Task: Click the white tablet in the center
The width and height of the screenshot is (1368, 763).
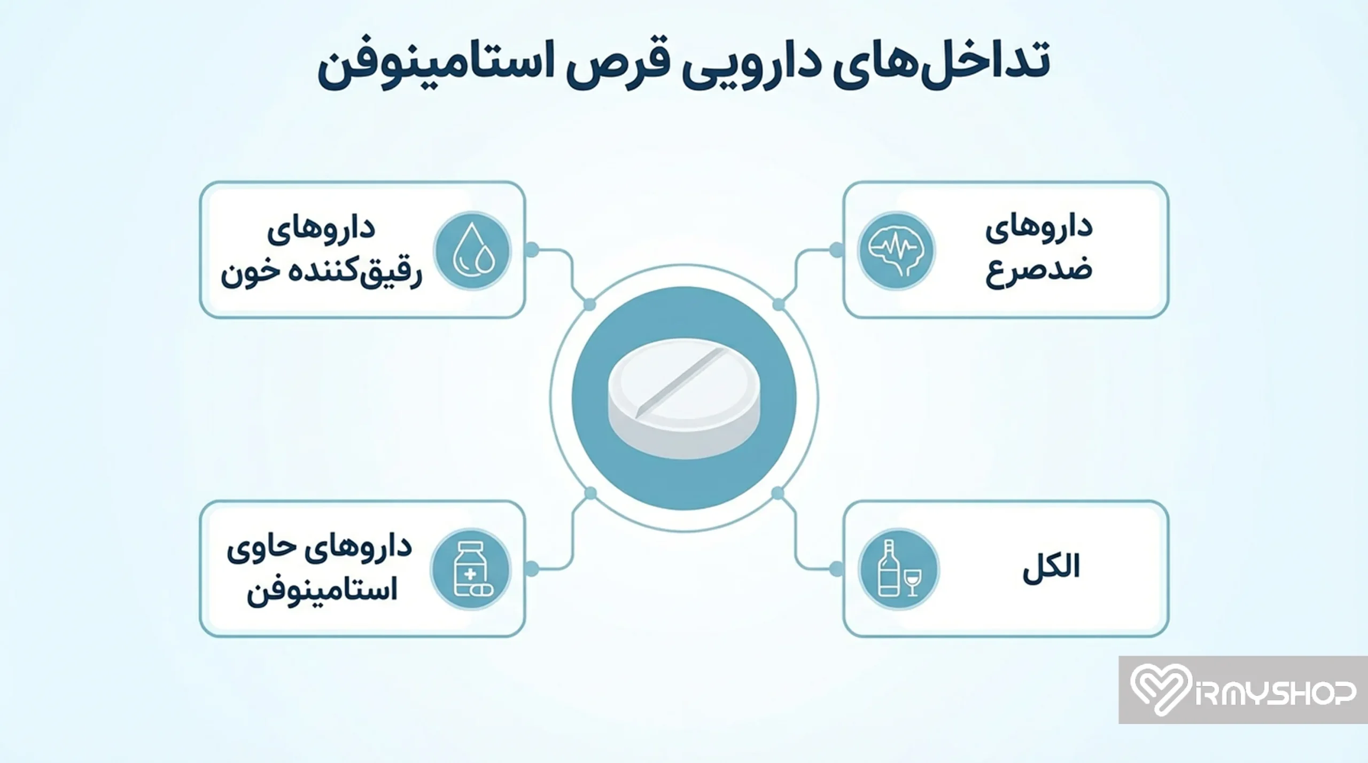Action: (x=684, y=398)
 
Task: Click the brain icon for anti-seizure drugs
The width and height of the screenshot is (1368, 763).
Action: (x=896, y=250)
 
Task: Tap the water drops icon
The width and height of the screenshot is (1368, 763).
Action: (x=472, y=250)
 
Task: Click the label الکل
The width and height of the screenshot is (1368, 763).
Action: (x=1051, y=568)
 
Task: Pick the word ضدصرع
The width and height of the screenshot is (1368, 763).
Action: (x=1039, y=270)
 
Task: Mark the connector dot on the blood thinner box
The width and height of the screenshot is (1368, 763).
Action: (x=532, y=249)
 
